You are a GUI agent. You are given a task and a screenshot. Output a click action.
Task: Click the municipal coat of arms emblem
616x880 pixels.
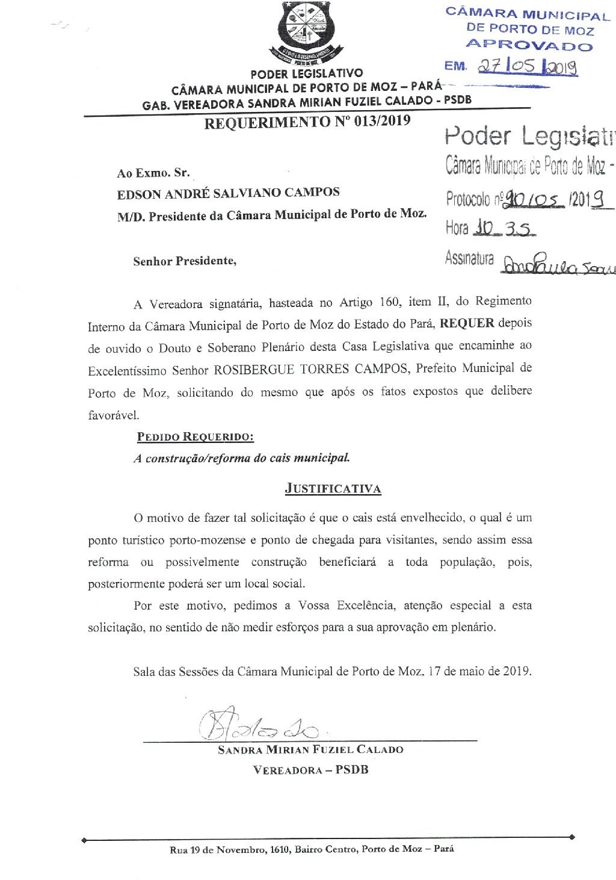pyautogui.click(x=306, y=33)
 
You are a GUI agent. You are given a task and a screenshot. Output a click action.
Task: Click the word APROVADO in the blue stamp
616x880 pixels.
pyautogui.click(x=529, y=45)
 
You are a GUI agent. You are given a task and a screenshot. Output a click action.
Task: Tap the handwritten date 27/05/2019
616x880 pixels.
pyautogui.click(x=528, y=67)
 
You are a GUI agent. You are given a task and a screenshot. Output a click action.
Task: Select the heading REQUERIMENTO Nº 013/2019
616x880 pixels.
pyautogui.click(x=307, y=122)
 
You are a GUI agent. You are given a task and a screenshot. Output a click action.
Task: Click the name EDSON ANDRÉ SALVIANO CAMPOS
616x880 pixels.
pyautogui.click(x=229, y=193)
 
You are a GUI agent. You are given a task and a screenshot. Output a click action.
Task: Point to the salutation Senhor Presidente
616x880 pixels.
pyautogui.click(x=185, y=261)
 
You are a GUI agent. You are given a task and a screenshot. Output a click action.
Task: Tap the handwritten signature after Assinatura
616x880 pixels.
pyautogui.click(x=556, y=264)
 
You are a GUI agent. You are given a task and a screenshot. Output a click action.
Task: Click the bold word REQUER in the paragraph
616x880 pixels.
pyautogui.click(x=467, y=323)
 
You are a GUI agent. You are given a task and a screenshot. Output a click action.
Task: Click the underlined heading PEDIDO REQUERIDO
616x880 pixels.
pyautogui.click(x=195, y=437)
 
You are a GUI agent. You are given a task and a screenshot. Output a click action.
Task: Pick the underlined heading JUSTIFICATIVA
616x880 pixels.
pyautogui.click(x=333, y=489)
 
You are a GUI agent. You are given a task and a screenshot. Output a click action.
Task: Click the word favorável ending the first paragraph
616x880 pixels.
pyautogui.click(x=113, y=415)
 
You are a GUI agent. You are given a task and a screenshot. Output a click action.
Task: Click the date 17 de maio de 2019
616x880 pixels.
pyautogui.click(x=479, y=671)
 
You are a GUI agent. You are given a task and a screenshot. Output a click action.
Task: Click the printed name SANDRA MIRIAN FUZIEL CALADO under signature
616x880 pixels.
pyautogui.click(x=310, y=750)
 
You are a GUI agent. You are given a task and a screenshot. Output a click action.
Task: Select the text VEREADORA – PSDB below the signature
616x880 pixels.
pyautogui.click(x=310, y=770)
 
